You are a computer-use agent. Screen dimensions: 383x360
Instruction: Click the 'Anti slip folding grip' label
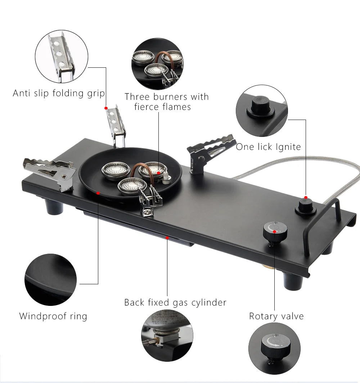tap(59, 93)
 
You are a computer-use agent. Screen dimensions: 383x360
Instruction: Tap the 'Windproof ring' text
tap(53, 316)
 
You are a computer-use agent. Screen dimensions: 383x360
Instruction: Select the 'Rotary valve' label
tap(276, 316)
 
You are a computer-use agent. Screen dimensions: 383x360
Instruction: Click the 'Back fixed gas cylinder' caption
tap(175, 302)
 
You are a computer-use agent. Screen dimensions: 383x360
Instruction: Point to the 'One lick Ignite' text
tap(268, 147)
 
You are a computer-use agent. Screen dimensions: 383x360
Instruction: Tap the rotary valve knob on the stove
tap(275, 232)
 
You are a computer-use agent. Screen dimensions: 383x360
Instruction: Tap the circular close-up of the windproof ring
tap(50, 280)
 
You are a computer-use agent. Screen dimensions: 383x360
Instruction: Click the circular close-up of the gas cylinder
tap(167, 335)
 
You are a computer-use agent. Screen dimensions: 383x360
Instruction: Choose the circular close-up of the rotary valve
tap(274, 349)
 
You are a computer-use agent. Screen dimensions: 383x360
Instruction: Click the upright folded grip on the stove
tap(116, 126)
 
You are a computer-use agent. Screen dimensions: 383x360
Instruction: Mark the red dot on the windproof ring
tap(98, 193)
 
